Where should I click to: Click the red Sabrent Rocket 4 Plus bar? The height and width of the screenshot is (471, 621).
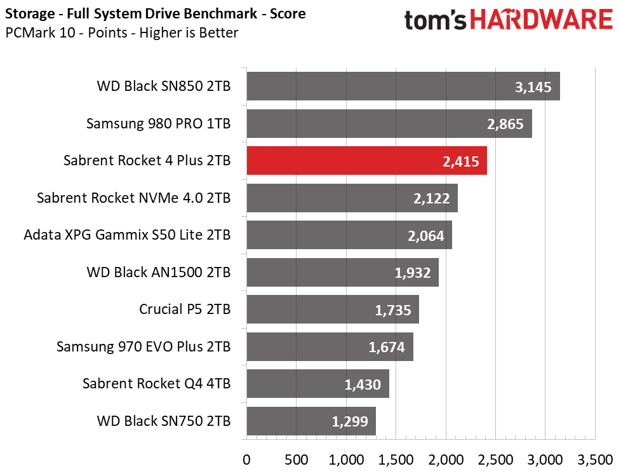click(x=367, y=161)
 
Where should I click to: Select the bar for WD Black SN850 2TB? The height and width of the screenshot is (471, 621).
click(x=403, y=86)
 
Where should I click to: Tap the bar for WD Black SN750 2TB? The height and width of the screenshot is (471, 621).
click(x=311, y=421)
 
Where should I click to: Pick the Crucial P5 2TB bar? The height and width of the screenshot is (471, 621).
click(x=333, y=310)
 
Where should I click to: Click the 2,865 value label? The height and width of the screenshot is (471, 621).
click(x=505, y=124)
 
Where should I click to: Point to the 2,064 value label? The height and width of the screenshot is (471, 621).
click(x=426, y=236)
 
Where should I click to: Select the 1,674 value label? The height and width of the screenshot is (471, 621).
click(x=387, y=347)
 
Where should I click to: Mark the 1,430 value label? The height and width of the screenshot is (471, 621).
click(x=363, y=385)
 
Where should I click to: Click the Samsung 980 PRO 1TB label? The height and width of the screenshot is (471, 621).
click(x=158, y=123)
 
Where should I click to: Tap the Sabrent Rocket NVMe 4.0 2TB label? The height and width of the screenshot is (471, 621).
click(x=134, y=198)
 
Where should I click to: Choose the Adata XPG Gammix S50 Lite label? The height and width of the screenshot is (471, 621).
click(x=127, y=235)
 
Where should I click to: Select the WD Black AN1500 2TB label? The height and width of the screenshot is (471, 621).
click(x=158, y=273)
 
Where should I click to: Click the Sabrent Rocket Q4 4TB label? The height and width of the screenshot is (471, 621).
click(x=156, y=384)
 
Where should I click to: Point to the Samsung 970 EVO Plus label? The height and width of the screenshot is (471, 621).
click(x=144, y=346)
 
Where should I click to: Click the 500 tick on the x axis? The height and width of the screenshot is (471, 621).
click(x=297, y=460)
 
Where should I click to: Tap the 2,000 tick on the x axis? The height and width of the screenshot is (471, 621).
click(x=446, y=460)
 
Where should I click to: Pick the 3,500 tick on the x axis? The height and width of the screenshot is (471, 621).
click(x=595, y=460)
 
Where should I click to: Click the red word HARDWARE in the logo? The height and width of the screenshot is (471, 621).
click(x=542, y=20)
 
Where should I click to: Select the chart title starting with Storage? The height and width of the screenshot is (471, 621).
click(x=155, y=14)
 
